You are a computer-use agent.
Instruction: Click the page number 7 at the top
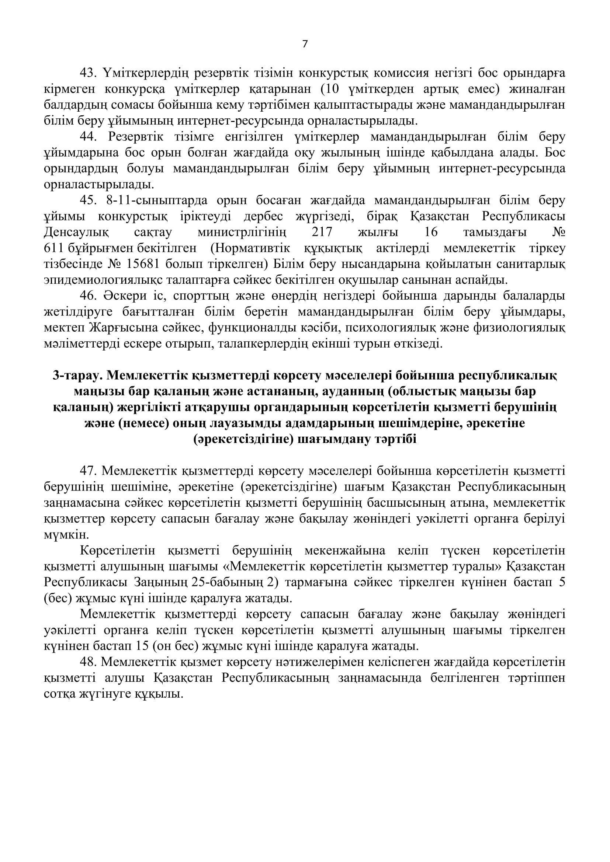(305, 44)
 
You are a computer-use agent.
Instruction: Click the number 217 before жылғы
(322, 232)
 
